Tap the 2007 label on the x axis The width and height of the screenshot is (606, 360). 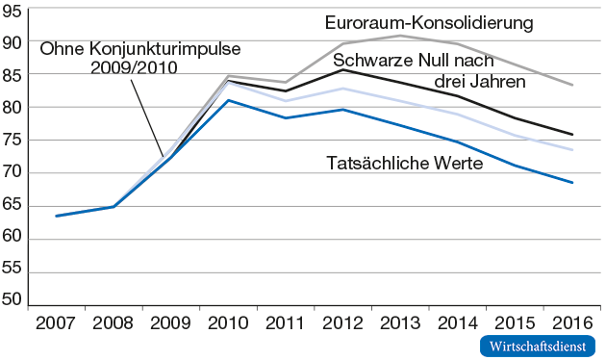(57, 321)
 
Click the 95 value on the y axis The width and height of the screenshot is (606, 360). (14, 11)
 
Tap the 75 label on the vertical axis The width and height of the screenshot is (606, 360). (14, 141)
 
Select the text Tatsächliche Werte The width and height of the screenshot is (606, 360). (405, 163)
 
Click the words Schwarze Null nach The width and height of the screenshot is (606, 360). (414, 62)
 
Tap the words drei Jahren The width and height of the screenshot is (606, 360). (479, 81)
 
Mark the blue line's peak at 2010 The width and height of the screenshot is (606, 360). (228, 100)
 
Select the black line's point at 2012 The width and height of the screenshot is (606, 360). (341, 69)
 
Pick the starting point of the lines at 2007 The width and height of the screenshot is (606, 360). (57, 216)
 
